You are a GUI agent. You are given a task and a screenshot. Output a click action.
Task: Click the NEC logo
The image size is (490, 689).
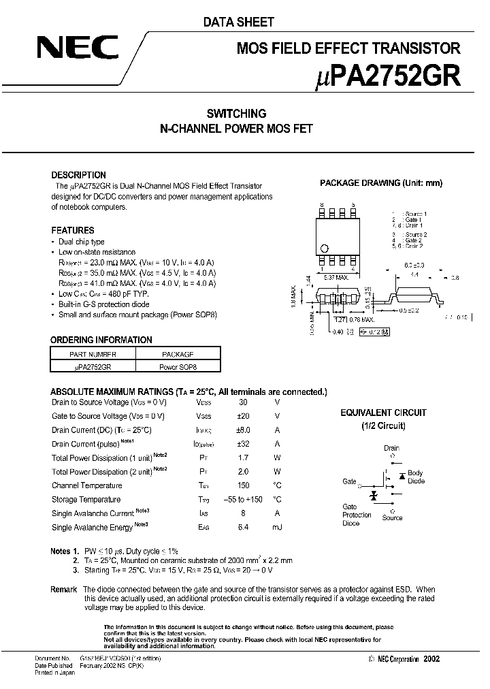coord(77,49)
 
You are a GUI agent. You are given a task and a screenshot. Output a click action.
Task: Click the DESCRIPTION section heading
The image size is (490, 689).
coord(78,175)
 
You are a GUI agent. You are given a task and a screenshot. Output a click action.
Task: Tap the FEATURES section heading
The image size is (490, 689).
coord(72,230)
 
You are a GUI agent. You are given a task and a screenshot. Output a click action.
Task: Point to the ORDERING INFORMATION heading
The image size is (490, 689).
coord(101,340)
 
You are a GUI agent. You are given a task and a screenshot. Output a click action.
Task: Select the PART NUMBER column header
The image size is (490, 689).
coord(93,354)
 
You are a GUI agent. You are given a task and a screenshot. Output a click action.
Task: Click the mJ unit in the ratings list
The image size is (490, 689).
coord(277,528)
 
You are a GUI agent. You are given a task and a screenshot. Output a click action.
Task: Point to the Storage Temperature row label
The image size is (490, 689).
coord(86,500)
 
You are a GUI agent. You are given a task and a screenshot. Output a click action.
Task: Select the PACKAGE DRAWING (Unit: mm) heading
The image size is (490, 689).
coord(381,183)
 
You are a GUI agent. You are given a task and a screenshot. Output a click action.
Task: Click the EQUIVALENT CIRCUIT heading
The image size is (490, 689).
coord(383,413)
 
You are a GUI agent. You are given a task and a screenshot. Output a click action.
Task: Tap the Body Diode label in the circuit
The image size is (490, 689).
coord(415,477)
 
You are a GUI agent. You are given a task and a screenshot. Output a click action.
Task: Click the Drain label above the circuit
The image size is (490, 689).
coord(391,448)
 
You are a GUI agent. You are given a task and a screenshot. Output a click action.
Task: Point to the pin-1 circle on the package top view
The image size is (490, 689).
coord(325,249)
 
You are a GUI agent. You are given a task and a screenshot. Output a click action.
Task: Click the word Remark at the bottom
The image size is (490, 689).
coord(64,589)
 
